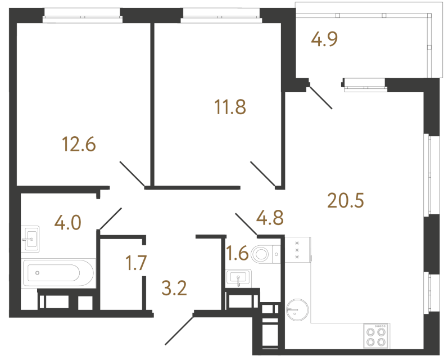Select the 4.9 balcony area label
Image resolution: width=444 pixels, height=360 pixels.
(x=324, y=40)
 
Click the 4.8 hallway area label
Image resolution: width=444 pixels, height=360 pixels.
(x=270, y=217)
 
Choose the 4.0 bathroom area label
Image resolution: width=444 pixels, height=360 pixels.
(x=67, y=223)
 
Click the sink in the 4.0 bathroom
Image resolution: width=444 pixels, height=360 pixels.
(x=31, y=239)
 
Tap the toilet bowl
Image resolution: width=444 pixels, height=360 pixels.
(x=264, y=255)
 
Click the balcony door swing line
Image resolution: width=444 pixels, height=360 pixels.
(x=320, y=96)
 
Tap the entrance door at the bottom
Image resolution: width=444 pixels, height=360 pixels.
(x=179, y=329)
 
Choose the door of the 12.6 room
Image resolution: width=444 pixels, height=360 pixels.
(x=133, y=174)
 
